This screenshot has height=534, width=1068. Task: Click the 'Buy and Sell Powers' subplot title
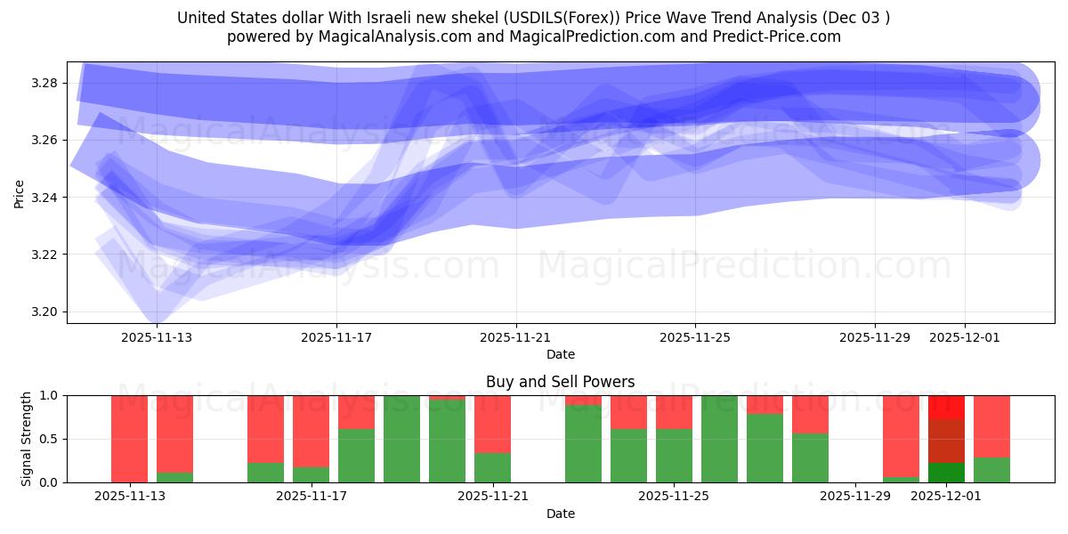(x=560, y=382)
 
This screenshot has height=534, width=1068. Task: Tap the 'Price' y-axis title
(x=19, y=193)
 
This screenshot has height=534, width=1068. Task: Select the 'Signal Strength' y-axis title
(x=27, y=439)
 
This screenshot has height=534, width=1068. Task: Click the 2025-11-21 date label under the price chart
(x=516, y=337)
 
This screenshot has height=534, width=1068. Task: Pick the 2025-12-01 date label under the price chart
(x=965, y=337)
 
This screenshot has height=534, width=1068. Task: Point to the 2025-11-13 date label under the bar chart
(x=129, y=496)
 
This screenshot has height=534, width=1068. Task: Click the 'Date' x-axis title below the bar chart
(x=560, y=514)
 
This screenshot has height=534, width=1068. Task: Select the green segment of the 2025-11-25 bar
(x=674, y=456)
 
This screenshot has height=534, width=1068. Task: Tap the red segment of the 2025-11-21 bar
(x=492, y=424)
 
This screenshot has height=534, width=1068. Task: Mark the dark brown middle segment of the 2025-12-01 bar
(x=946, y=441)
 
